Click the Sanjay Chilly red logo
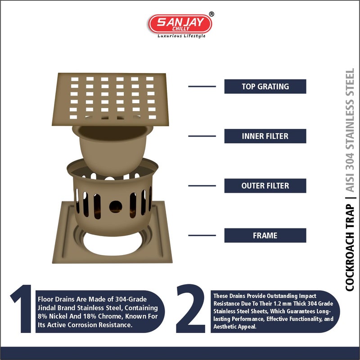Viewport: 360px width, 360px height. pos(180,23)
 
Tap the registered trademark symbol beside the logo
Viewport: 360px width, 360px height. pos(211,14)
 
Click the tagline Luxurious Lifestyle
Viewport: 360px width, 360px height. pos(181,36)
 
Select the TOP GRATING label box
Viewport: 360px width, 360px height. pos(265,87)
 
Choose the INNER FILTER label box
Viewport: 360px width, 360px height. pos(265,136)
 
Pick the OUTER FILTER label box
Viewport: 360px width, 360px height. pos(265,186)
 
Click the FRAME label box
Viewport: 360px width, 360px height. pos(265,235)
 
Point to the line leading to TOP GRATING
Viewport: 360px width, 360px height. pos(202,87)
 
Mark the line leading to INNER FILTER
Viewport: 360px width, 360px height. pos(202,136)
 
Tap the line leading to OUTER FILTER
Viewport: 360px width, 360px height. pos(202,186)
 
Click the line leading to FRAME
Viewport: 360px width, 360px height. pos(202,235)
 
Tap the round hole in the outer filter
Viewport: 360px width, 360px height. pos(116,206)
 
